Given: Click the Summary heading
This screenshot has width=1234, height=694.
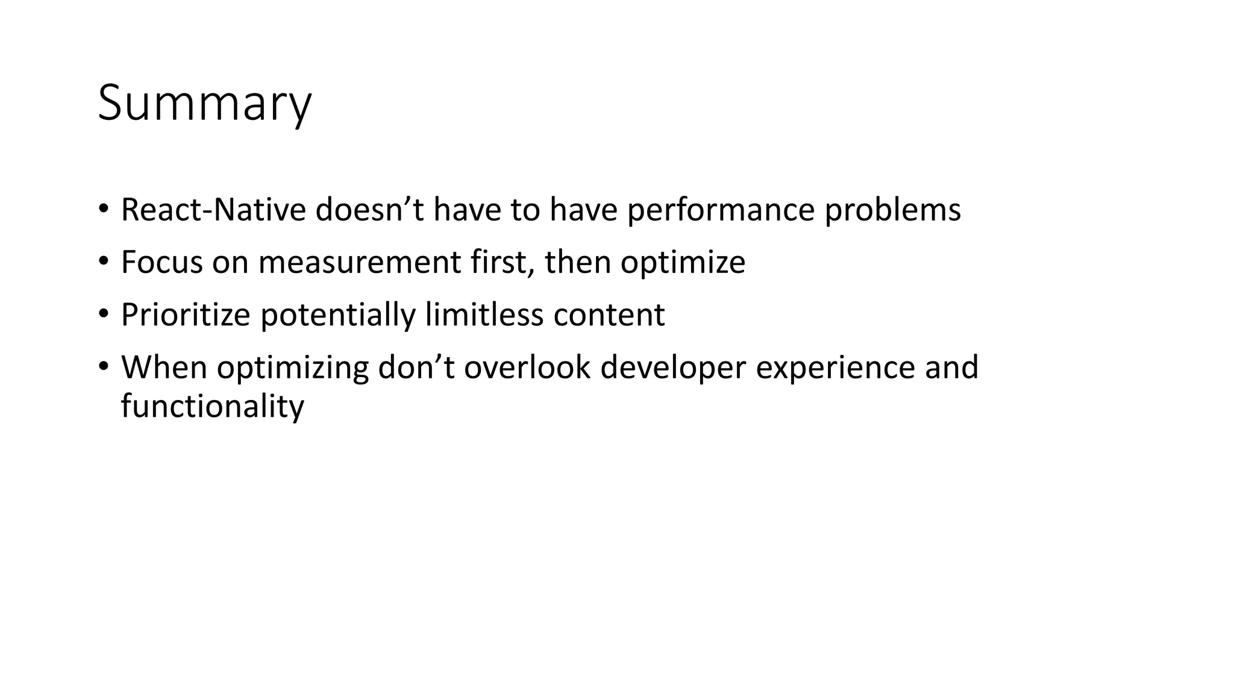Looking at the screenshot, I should [204, 104].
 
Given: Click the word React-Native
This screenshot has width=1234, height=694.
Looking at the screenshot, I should [213, 210].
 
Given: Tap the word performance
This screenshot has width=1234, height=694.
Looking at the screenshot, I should [721, 210].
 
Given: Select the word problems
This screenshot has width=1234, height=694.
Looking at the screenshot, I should [892, 210].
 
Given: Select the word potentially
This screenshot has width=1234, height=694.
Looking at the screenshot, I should [338, 314].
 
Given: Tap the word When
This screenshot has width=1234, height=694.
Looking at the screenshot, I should [164, 367].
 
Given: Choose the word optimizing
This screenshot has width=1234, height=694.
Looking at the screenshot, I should [293, 367].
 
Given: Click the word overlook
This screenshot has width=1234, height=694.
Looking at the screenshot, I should [527, 367].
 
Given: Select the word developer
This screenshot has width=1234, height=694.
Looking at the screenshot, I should [673, 367].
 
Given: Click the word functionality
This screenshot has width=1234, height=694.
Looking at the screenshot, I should [213, 405].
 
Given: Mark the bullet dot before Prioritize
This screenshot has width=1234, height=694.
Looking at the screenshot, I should [104, 313].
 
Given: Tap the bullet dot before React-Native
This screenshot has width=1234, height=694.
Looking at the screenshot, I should [104, 208].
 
